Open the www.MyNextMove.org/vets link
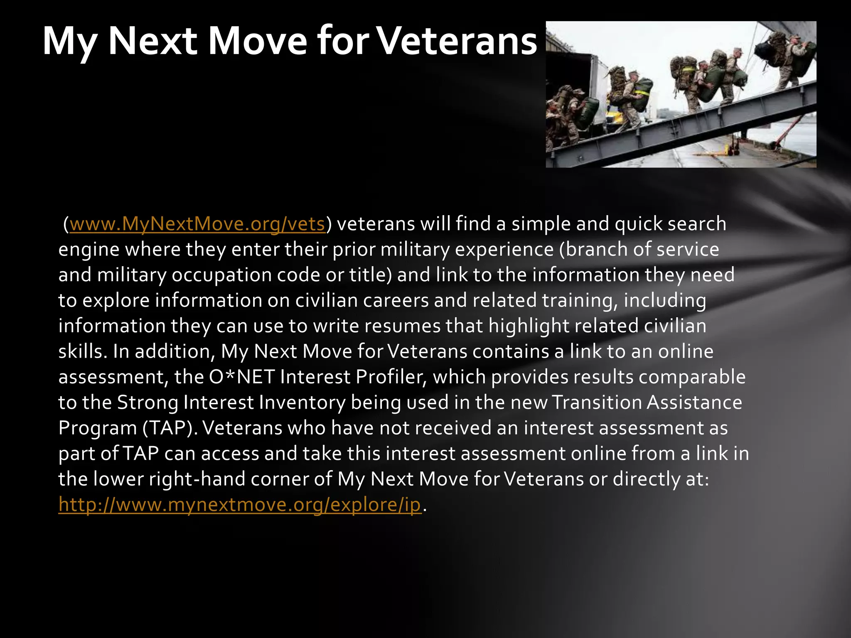coord(197,224)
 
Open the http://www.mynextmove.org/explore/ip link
coord(240,505)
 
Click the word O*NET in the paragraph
coord(242,377)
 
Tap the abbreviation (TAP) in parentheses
coord(168,428)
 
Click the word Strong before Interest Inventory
coord(148,403)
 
